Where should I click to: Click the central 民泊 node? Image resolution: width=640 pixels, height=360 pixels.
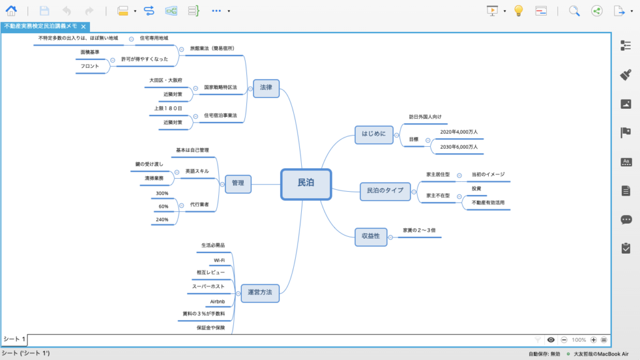tap(306, 184)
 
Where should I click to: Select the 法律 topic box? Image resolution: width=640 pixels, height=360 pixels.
tap(266, 88)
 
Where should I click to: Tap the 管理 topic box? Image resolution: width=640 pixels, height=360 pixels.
tap(238, 184)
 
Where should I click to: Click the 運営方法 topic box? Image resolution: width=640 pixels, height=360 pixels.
tap(260, 293)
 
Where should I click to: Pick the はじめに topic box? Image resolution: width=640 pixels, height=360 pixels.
tap(374, 135)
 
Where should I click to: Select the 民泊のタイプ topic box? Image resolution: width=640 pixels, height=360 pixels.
tap(385, 191)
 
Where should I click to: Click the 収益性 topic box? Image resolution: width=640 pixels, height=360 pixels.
tap(371, 237)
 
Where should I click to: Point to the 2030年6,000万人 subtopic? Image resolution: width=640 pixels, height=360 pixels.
tap(459, 147)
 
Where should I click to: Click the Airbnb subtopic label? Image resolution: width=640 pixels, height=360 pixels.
tap(217, 302)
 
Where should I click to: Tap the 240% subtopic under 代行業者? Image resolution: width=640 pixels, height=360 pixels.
tap(162, 219)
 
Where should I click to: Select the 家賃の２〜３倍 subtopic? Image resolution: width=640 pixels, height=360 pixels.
tap(419, 230)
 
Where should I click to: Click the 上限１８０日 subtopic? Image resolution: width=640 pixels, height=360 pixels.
tap(168, 109)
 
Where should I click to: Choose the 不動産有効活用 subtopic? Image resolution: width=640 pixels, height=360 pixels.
tap(488, 203)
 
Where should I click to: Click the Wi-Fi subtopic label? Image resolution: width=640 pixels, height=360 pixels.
tap(219, 261)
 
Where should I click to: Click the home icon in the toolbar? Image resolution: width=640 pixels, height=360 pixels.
tap(11, 11)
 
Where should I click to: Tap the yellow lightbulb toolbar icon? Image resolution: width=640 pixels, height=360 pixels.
tap(518, 11)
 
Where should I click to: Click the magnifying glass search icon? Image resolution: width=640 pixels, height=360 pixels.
tap(574, 11)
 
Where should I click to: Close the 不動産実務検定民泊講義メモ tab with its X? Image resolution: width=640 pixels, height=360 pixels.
tap(83, 26)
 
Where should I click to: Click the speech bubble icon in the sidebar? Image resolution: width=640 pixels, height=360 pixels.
tap(626, 219)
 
